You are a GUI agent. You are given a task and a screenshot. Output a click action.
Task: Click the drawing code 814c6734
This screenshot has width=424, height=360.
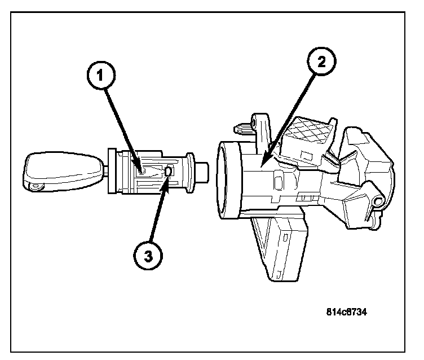pyautogui.click(x=346, y=311)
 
